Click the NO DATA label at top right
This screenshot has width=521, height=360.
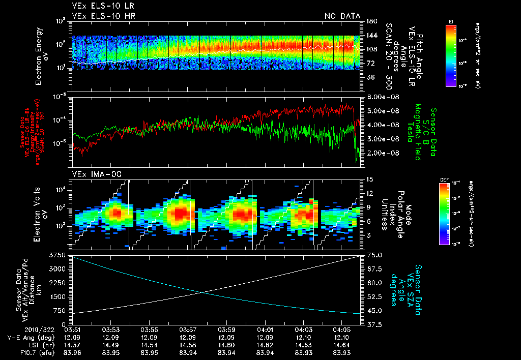(x=342, y=16)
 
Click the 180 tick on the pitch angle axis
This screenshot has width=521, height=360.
(x=371, y=21)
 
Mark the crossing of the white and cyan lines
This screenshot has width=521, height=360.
(x=202, y=292)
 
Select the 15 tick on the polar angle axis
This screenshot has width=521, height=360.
(x=369, y=179)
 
